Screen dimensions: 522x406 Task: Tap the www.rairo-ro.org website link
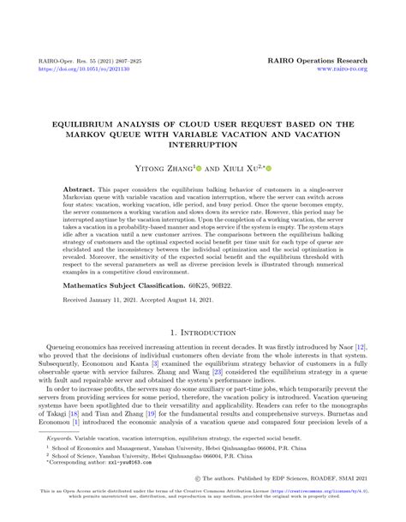[x=342, y=69]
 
